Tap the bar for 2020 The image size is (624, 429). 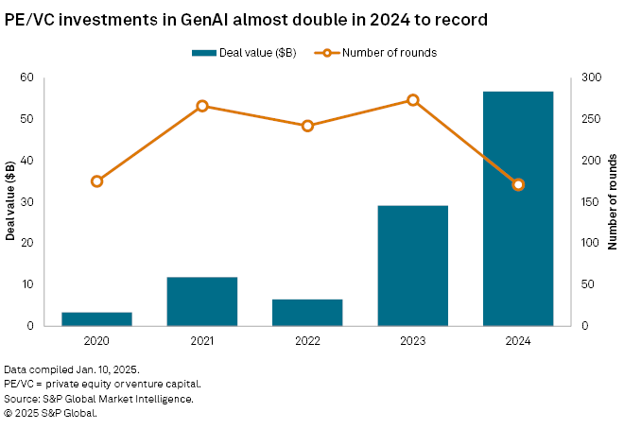[x=96, y=318]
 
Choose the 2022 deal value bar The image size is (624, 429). [x=307, y=312]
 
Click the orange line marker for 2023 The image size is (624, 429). [x=413, y=100]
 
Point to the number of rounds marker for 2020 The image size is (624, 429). [x=96, y=181]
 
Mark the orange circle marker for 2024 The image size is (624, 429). [x=518, y=184]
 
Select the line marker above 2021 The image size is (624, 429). [x=202, y=106]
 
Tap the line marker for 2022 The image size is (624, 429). [x=307, y=126]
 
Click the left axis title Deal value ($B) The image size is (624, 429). [x=11, y=201]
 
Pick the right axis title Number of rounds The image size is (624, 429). [x=613, y=201]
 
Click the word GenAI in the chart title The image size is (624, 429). [x=192, y=19]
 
